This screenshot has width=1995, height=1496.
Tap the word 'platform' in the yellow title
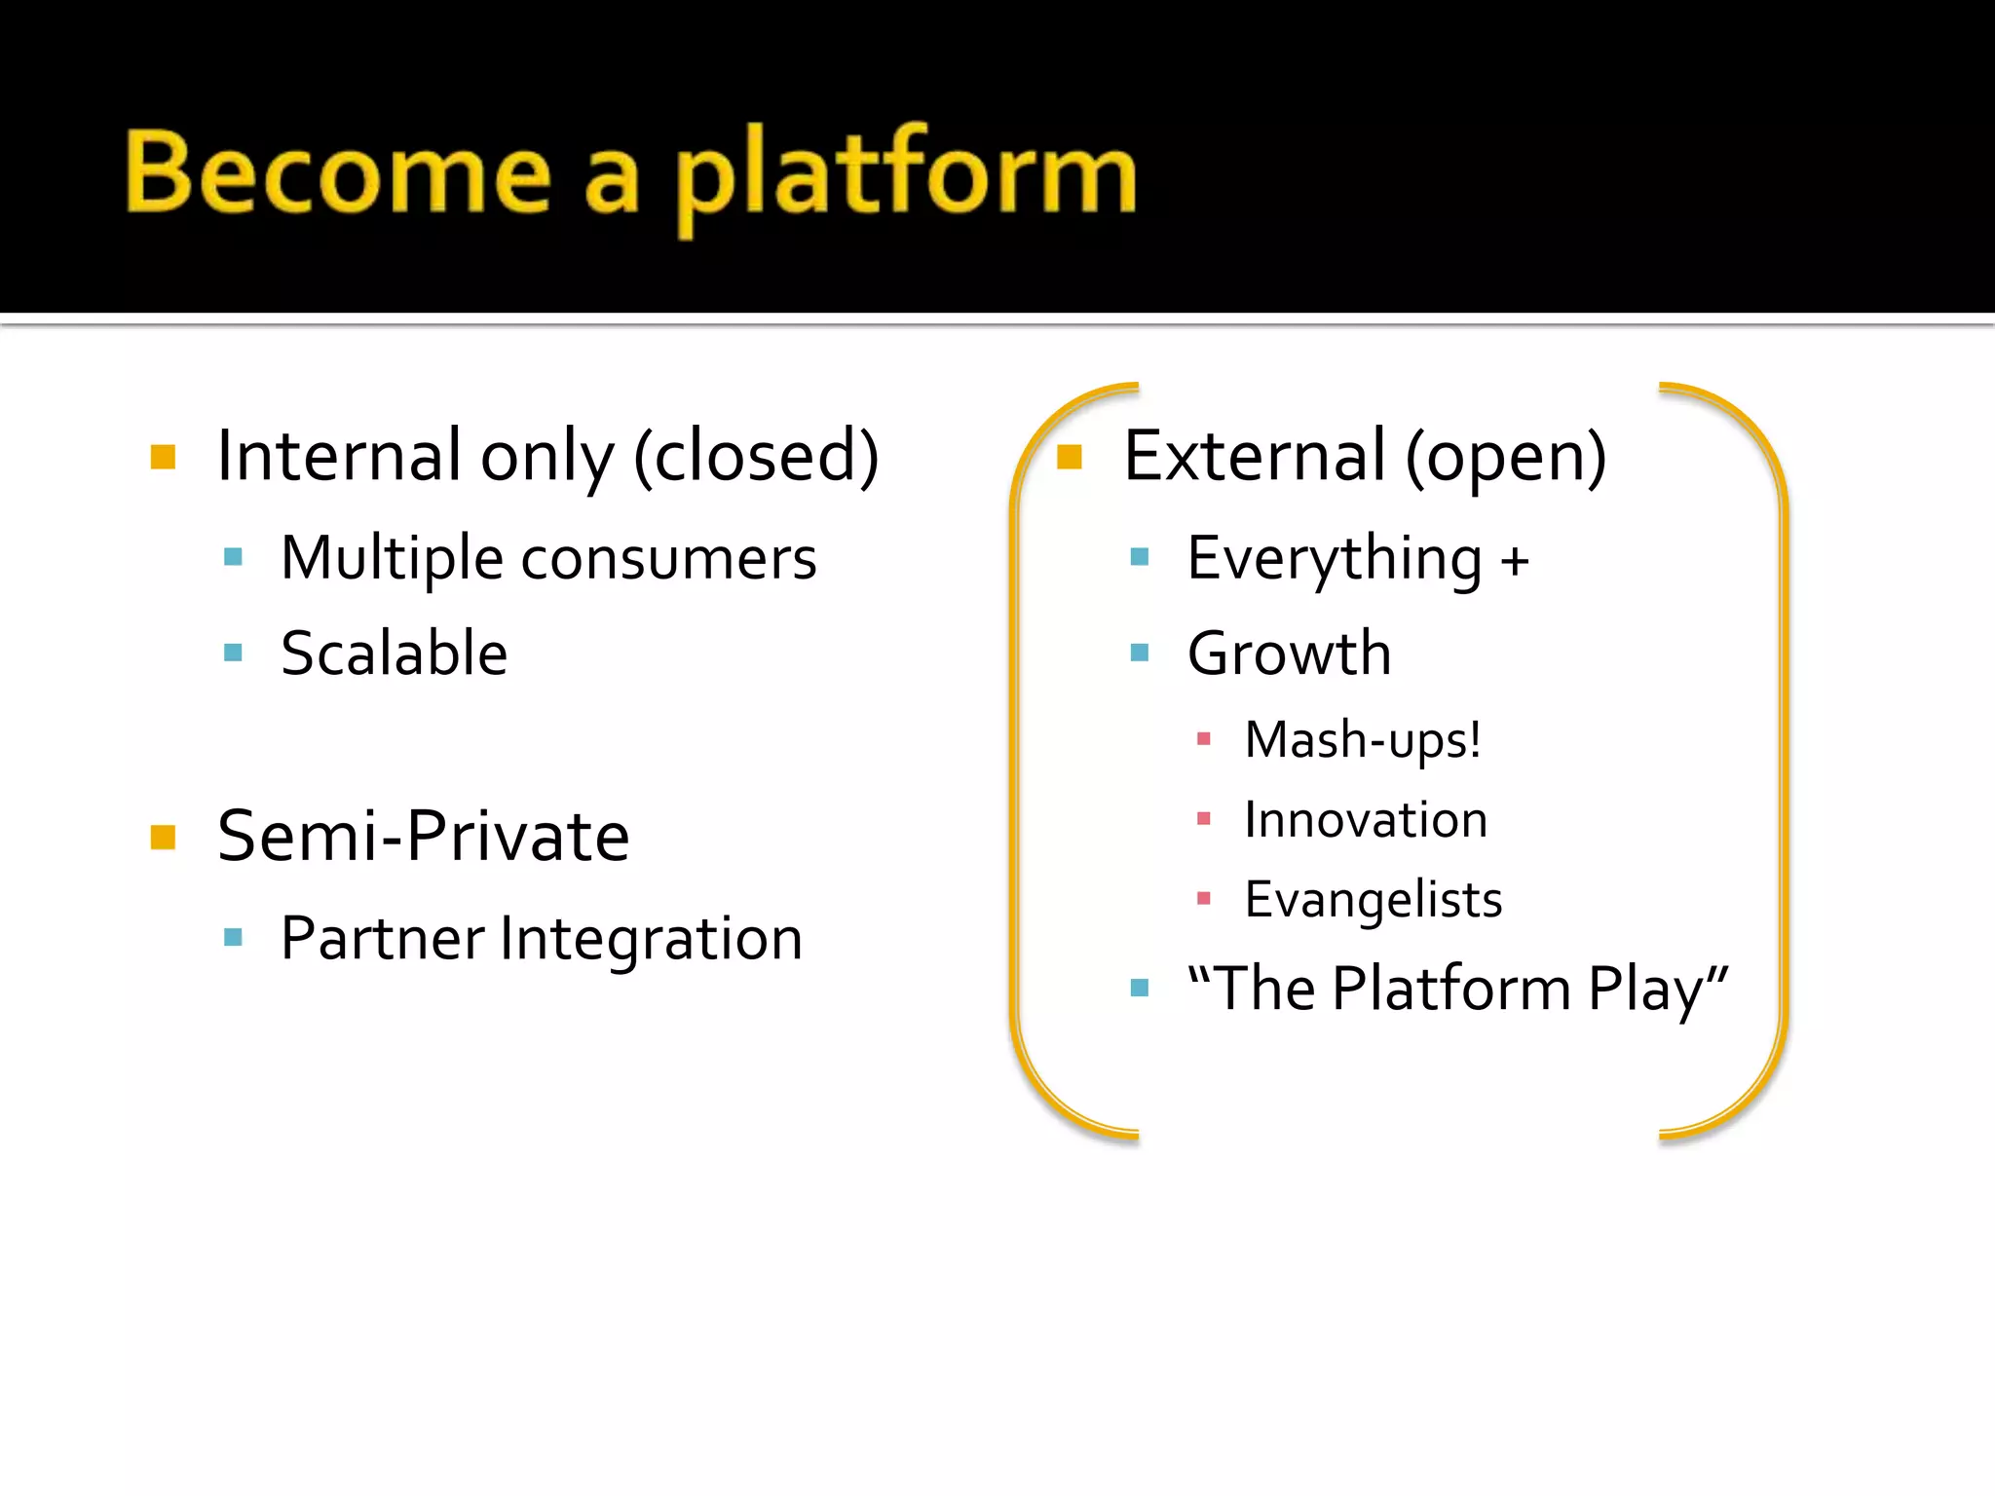click(x=906, y=175)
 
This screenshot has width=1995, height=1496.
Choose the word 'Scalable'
click(x=394, y=653)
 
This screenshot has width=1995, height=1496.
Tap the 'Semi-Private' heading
click(x=423, y=837)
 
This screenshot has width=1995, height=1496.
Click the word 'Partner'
click(x=382, y=939)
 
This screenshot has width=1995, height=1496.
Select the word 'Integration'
click(x=651, y=939)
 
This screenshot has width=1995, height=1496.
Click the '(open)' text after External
click(x=1505, y=456)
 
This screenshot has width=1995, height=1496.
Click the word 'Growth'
click(x=1289, y=653)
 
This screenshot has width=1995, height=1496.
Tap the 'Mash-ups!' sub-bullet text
click(x=1362, y=740)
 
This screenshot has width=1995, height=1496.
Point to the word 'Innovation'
click(x=1366, y=820)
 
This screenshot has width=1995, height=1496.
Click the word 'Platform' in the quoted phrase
click(x=1450, y=989)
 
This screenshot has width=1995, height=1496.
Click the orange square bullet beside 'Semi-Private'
click(x=163, y=837)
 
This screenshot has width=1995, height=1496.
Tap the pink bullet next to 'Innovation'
click(x=1203, y=819)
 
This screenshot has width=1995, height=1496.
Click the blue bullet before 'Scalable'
click(x=233, y=653)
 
